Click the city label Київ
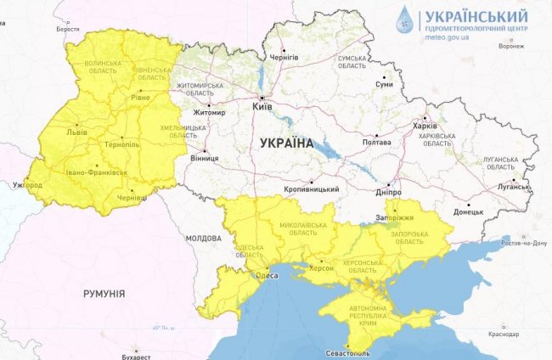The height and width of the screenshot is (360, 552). point(264,108)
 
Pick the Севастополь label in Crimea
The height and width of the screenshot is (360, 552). point(347,352)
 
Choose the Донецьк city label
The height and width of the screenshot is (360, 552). point(468,211)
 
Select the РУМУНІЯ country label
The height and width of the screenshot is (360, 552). point(104,293)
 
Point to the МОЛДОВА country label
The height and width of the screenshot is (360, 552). point(203,239)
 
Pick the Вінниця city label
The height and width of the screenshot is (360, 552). point(205,158)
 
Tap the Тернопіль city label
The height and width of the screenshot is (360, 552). point(123,145)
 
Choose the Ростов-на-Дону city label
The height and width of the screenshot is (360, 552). point(524,243)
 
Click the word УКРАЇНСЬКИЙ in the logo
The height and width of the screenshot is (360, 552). point(476,16)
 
